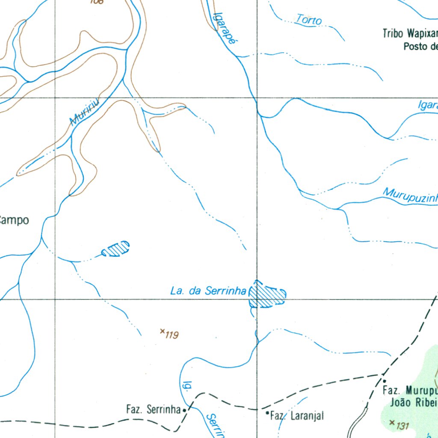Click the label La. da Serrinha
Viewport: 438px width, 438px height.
[x=208, y=291]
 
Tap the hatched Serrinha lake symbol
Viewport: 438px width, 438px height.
[x=266, y=295]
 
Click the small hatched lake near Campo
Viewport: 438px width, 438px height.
[x=116, y=249]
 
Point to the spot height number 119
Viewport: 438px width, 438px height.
[x=172, y=335]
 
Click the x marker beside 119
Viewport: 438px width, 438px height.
[x=162, y=331]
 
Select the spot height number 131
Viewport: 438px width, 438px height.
[x=402, y=426]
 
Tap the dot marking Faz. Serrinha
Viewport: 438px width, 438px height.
[x=184, y=410]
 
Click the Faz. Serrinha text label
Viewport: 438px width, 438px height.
[x=153, y=409]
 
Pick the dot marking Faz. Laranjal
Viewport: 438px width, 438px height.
[x=267, y=413]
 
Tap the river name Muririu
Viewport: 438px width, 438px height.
[x=85, y=112]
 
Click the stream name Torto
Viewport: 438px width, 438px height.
[x=309, y=19]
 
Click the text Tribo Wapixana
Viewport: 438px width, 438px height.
[x=410, y=33]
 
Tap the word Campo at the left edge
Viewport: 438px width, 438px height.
[x=15, y=220]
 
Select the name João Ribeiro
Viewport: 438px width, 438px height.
[x=414, y=402]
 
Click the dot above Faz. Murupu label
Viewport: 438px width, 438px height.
[x=384, y=381]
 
